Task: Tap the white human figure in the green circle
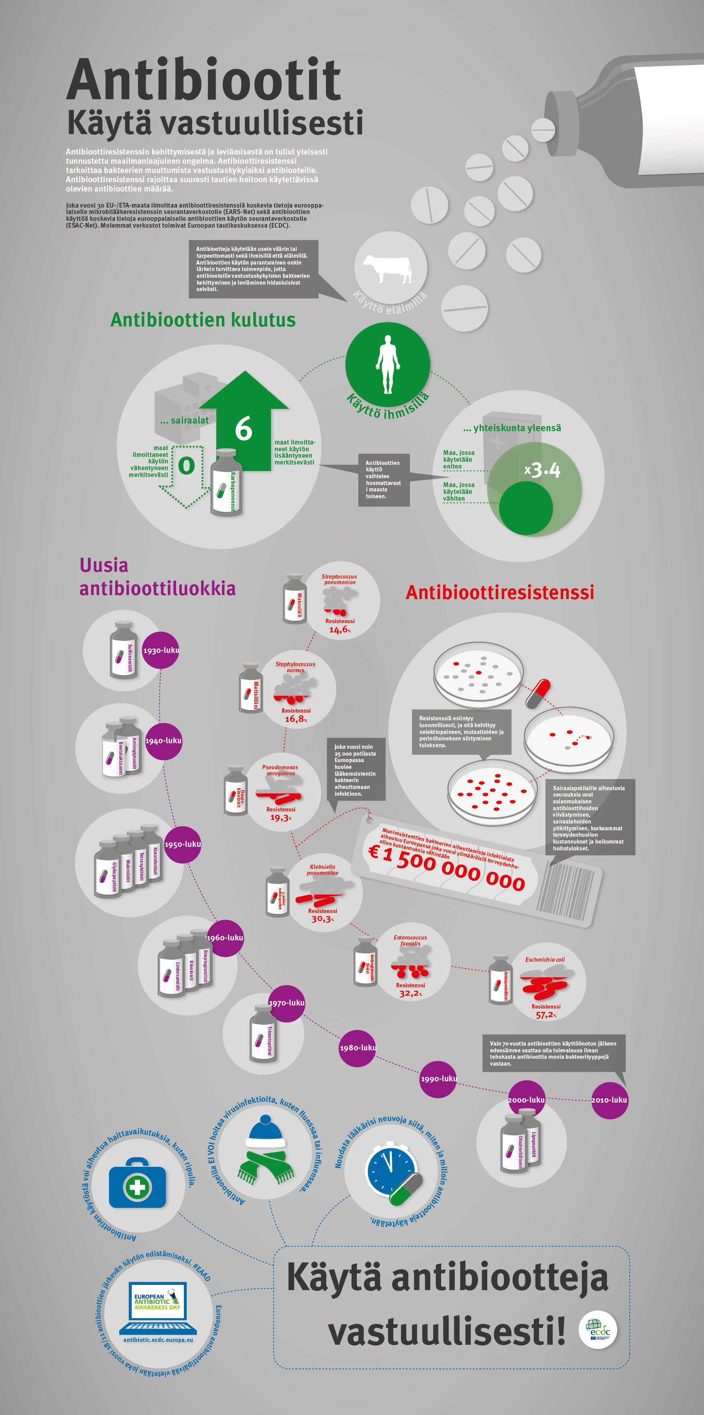point(388,364)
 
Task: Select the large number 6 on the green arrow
point(244,428)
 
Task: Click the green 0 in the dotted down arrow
point(187,466)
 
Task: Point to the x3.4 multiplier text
point(543,470)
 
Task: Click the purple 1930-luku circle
point(161,650)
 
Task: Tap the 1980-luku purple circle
point(358,1048)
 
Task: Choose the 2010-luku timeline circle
point(609,1100)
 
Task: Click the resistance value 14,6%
point(340,630)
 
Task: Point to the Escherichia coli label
point(545,960)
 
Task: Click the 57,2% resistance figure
point(546,1015)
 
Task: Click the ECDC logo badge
point(598,1330)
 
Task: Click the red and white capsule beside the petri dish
point(538,693)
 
